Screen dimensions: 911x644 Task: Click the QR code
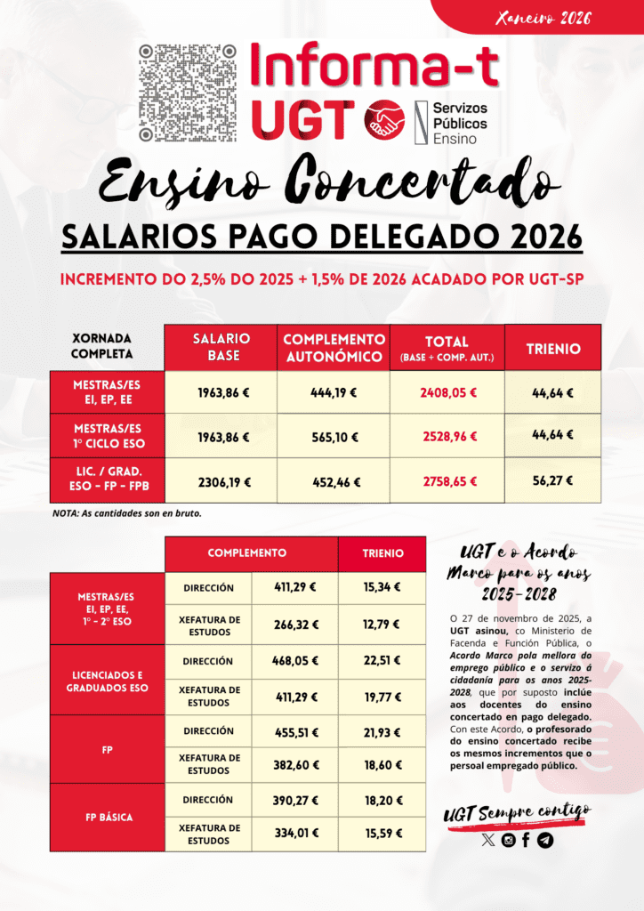pos(188,93)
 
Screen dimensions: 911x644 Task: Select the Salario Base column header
pos(221,346)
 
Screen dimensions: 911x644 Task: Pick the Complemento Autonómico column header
pos(334,346)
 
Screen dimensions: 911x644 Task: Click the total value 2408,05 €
pos(448,391)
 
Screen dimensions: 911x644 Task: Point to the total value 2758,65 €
pos(448,482)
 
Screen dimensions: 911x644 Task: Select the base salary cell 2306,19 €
pos(224,482)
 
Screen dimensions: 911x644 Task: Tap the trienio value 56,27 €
pos(552,480)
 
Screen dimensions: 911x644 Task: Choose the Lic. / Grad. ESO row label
pos(109,481)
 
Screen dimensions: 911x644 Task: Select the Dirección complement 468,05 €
pos(294,661)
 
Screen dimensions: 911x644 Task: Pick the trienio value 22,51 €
pos(382,661)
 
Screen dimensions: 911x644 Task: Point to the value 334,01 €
pos(294,834)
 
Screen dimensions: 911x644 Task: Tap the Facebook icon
pos(526,840)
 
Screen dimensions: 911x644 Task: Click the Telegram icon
pos(545,840)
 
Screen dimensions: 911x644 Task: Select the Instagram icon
pos(508,840)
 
